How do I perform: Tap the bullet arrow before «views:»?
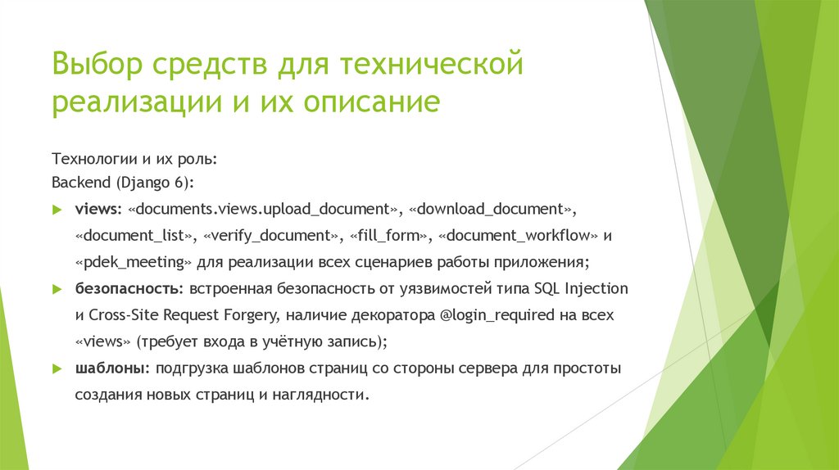click(x=57, y=210)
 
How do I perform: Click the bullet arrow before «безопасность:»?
click(x=57, y=289)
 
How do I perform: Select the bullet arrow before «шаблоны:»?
click(x=57, y=368)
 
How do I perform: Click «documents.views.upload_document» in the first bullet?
click(x=265, y=210)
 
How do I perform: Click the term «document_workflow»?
click(x=519, y=236)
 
